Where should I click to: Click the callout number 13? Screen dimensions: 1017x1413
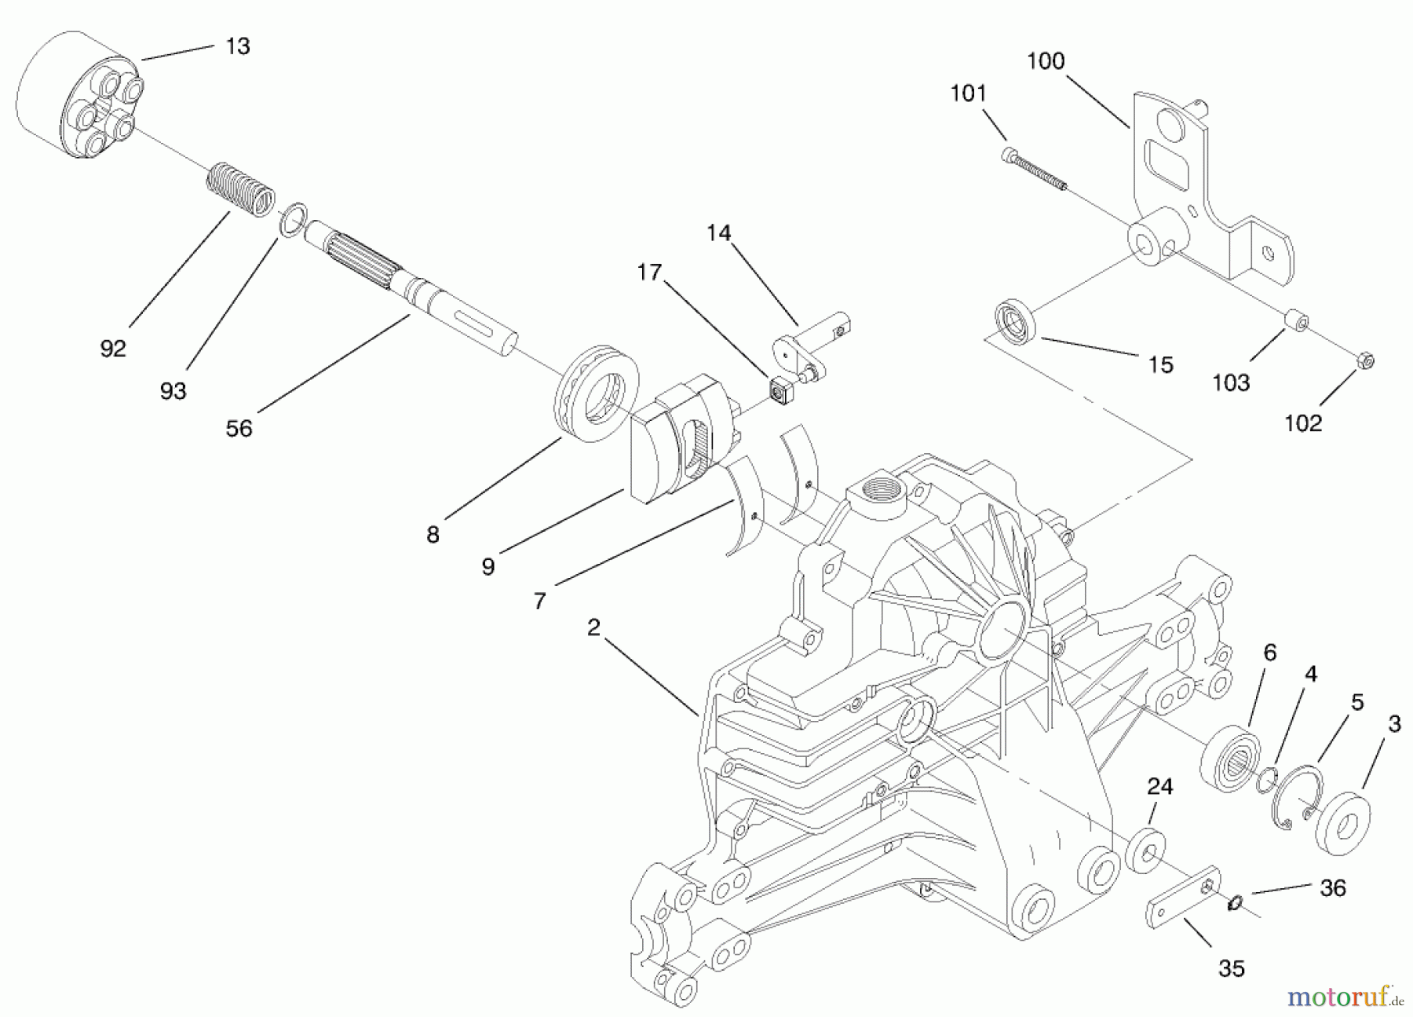[x=237, y=46]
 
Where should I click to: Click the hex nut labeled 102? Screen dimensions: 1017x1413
[x=1365, y=360]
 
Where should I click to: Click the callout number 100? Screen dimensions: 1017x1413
[x=1046, y=61]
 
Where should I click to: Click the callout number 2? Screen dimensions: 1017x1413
[x=593, y=627]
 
